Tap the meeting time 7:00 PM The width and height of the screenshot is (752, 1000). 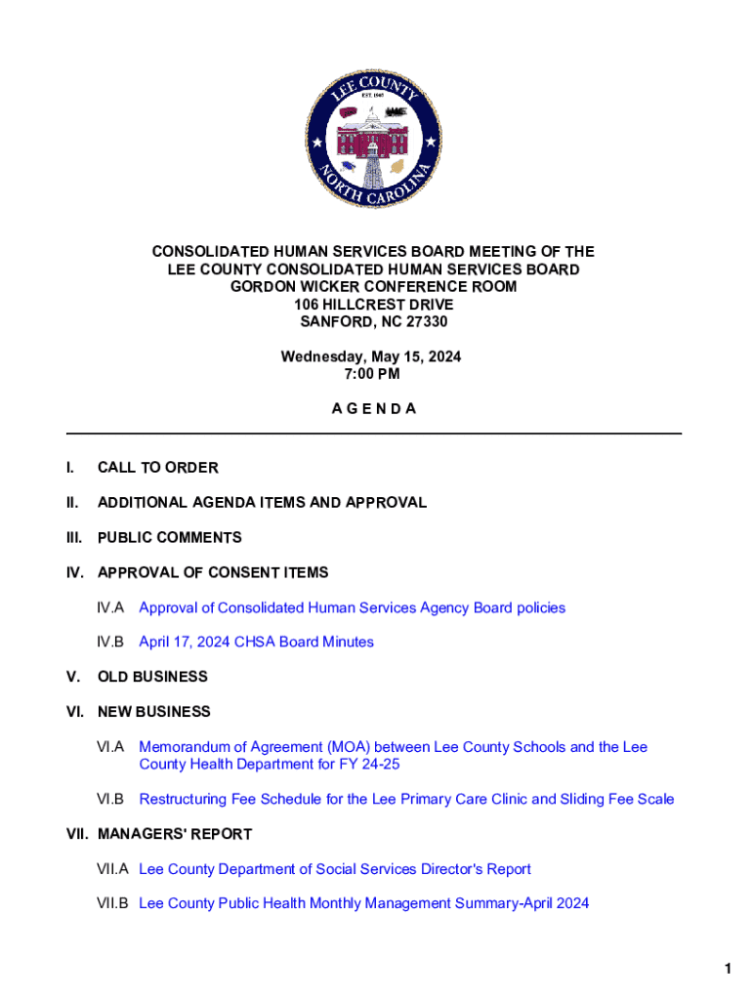373,374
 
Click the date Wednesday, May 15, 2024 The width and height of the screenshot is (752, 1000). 371,356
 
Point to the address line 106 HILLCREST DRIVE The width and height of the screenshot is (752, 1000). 373,305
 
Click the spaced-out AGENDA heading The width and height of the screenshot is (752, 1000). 373,409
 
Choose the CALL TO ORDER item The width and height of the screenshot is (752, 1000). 157,468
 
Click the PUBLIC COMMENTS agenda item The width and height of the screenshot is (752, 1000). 169,537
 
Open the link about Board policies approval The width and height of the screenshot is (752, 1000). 352,607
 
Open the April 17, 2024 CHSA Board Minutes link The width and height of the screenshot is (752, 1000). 256,642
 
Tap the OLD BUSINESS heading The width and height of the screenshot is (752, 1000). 152,677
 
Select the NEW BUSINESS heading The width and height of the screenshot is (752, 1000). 153,712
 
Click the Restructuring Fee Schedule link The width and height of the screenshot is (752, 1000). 406,799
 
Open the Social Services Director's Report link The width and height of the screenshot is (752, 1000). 335,869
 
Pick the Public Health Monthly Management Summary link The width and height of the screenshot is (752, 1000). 363,903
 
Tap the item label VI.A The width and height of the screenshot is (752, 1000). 110,747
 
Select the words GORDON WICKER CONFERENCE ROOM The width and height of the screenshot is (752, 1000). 373,287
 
